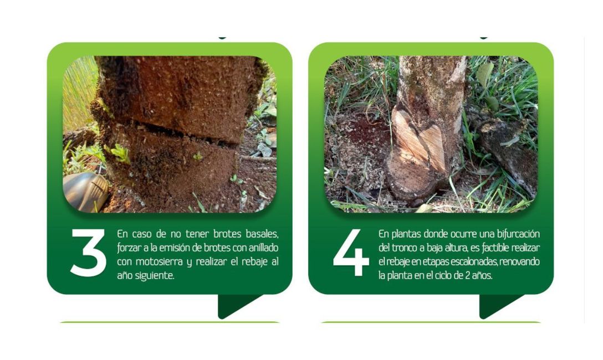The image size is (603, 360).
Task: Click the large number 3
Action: pos(88,253)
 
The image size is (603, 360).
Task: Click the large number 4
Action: pos(351,253)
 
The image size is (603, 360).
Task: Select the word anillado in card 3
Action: pos(260,248)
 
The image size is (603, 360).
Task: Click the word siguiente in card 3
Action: pos(154,276)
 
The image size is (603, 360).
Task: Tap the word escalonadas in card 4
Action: pos(479,261)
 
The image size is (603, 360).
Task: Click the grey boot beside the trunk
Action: pos(86,192)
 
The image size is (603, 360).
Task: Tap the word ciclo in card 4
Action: pos(445,275)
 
